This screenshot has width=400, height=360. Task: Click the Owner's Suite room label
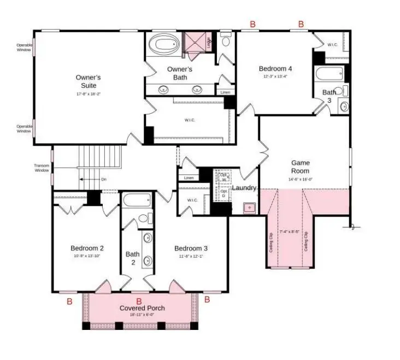coord(88,82)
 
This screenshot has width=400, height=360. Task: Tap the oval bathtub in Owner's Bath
coord(163,44)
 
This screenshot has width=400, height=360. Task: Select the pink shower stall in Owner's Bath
coord(196,42)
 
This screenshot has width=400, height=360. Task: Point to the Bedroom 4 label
coord(275,68)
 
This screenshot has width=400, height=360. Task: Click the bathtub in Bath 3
coord(330,73)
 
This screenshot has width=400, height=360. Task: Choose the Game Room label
coord(300,167)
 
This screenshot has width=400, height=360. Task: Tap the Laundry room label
coord(244,188)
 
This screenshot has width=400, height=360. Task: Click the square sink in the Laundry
coord(249,207)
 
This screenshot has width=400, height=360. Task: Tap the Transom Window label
coord(42,168)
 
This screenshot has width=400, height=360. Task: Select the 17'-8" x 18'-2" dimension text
coord(88,94)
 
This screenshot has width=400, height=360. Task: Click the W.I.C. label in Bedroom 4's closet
coord(334,44)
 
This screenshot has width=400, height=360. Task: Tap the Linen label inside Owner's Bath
coord(225,92)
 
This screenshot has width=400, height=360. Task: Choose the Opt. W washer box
coord(223,177)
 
